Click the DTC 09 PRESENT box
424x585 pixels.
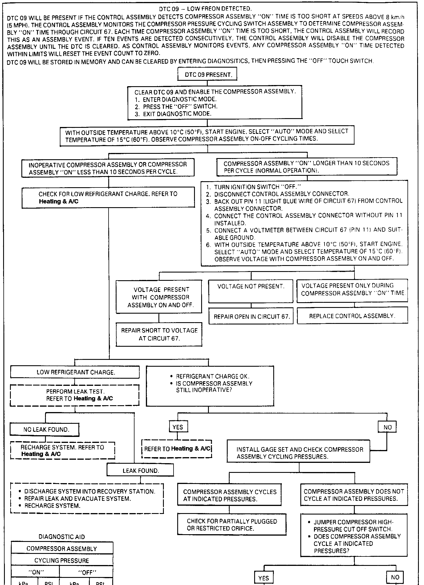click(207, 75)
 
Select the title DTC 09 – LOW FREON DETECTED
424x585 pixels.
click(205, 9)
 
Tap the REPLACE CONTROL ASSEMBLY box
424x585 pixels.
click(352, 316)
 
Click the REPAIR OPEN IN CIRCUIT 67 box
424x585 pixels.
click(251, 316)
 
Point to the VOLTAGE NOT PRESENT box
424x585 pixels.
click(251, 291)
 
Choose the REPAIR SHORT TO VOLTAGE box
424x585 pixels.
click(159, 334)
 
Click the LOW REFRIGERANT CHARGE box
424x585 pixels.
click(75, 372)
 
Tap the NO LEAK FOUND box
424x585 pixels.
click(45, 429)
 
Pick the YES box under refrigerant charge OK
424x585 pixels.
click(178, 427)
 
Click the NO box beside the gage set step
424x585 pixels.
click(387, 427)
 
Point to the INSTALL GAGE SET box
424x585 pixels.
click(298, 453)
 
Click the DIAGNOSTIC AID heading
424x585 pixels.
click(62, 537)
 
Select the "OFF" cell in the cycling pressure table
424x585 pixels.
click(87, 572)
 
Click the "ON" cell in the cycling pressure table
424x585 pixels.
click(36, 572)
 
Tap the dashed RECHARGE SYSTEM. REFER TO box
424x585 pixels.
click(63, 451)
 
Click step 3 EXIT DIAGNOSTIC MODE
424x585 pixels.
click(177, 114)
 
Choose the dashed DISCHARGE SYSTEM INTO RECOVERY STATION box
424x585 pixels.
click(87, 499)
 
